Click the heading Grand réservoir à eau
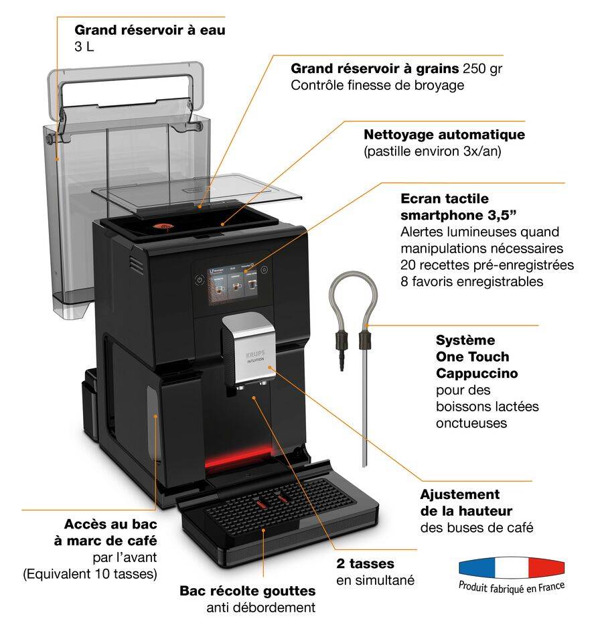click(x=150, y=30)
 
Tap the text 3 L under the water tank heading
click(x=86, y=48)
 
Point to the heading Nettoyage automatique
click(x=444, y=135)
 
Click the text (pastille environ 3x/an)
click(x=433, y=151)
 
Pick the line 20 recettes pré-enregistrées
click(x=487, y=265)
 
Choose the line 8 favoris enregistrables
click(x=471, y=281)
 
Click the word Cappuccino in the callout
click(x=477, y=373)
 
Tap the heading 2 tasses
click(x=365, y=563)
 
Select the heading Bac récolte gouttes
click(x=248, y=591)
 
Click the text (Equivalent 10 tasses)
click(x=90, y=573)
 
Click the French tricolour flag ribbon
click(x=512, y=567)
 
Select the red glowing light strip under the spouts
click(x=231, y=461)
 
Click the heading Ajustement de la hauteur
click(x=466, y=502)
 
